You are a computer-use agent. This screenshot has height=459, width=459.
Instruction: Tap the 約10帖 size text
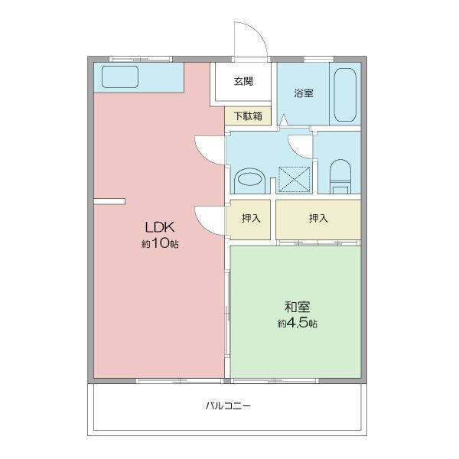click(161, 244)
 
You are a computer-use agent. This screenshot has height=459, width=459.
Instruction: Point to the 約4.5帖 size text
click(298, 324)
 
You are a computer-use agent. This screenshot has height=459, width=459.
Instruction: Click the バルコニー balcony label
click(228, 406)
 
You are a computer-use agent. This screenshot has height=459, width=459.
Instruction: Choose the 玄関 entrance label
click(243, 81)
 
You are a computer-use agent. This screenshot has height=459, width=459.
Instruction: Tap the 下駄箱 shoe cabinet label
click(248, 116)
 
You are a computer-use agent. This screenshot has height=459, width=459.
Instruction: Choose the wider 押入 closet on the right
click(318, 219)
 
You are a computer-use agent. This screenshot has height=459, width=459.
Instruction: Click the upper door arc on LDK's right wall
click(210, 148)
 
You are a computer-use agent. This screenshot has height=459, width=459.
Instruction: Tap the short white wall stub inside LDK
click(109, 201)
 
